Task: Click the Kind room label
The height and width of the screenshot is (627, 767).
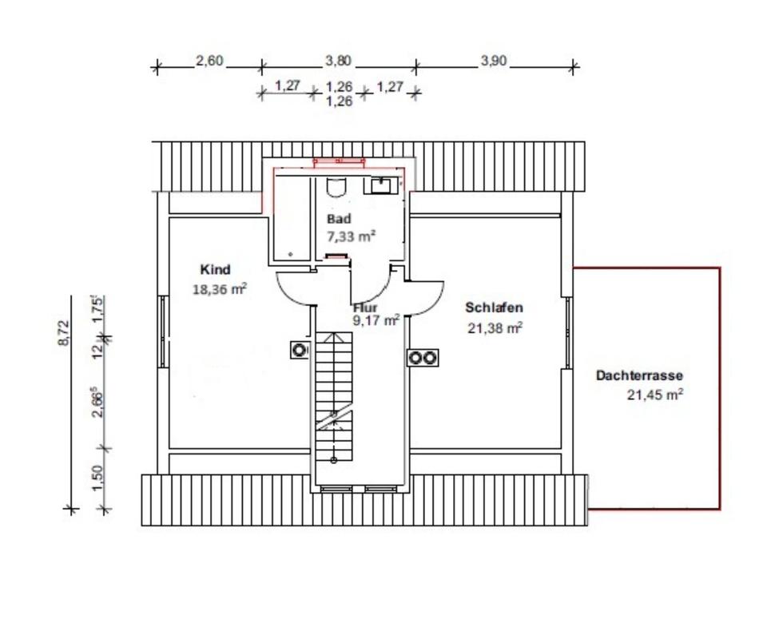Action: pyautogui.click(x=215, y=269)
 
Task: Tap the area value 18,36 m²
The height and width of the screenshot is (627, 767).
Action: pyautogui.click(x=220, y=289)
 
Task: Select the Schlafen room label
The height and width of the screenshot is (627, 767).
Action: pyautogui.click(x=494, y=308)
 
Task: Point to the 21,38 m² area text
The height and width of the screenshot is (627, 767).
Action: pyautogui.click(x=495, y=327)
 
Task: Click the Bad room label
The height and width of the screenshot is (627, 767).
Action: pyautogui.click(x=339, y=219)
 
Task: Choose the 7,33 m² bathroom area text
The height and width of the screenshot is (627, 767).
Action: pyautogui.click(x=352, y=236)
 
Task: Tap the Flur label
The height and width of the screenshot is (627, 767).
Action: pyautogui.click(x=365, y=308)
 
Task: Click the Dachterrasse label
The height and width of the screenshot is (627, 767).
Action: pyautogui.click(x=639, y=375)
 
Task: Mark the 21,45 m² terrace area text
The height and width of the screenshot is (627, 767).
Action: pyautogui.click(x=655, y=395)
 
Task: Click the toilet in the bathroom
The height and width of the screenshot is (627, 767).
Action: pyautogui.click(x=336, y=188)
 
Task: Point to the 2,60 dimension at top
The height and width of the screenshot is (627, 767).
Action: pyautogui.click(x=209, y=61)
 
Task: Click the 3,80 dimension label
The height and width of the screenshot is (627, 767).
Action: pyautogui.click(x=339, y=61)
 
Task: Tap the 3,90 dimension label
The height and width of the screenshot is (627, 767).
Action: pyautogui.click(x=494, y=62)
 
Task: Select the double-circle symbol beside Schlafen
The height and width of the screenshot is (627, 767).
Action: pyautogui.click(x=423, y=358)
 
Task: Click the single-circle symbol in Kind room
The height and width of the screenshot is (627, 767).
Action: pyautogui.click(x=298, y=350)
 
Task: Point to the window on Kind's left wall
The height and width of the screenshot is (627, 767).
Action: pyautogui.click(x=163, y=331)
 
